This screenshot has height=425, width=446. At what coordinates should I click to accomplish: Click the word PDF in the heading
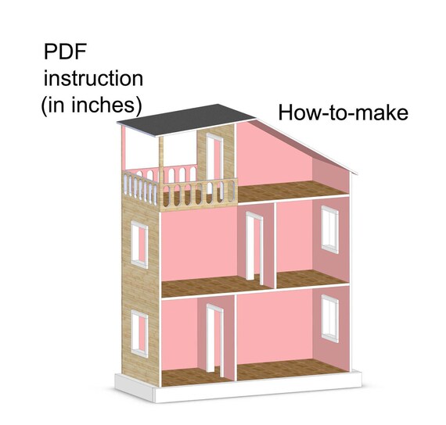click(x=65, y=52)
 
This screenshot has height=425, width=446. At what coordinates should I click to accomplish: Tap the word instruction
click(x=93, y=78)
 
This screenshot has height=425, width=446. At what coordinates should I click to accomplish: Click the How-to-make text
click(x=343, y=112)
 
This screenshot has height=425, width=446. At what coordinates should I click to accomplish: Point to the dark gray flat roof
click(x=186, y=120)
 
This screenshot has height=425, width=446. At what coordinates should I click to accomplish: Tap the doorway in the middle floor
click(x=254, y=247)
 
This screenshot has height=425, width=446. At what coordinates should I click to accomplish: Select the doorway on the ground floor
click(x=215, y=338)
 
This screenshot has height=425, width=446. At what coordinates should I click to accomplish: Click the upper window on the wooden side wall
click(x=139, y=245)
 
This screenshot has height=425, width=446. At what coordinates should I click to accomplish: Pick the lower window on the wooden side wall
click(x=139, y=334)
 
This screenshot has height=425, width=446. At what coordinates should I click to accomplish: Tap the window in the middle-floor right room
click(x=330, y=230)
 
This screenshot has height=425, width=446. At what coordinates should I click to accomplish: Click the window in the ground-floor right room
click(x=330, y=319)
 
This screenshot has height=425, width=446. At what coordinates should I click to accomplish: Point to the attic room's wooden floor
click(x=290, y=191)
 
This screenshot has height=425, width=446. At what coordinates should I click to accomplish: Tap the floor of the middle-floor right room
click(x=310, y=279)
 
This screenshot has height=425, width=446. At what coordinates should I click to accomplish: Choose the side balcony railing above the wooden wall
click(x=140, y=187)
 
